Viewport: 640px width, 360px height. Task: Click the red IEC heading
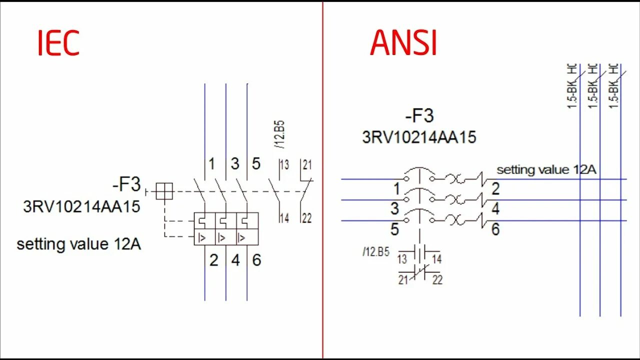tap(58, 43)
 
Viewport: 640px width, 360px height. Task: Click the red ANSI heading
tap(403, 43)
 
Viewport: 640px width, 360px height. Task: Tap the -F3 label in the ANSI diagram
tap(419, 116)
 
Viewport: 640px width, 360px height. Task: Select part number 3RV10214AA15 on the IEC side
tap(81, 206)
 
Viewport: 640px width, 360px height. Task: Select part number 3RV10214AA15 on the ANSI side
tap(419, 137)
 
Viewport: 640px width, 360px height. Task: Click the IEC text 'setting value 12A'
tap(78, 244)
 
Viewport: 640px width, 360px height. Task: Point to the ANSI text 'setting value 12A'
tap(546, 169)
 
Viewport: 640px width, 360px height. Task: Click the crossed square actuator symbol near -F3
tap(164, 191)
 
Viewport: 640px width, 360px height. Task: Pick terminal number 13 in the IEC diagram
tap(284, 165)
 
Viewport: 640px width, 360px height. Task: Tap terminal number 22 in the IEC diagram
tap(306, 218)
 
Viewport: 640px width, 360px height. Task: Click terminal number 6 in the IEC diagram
tap(256, 260)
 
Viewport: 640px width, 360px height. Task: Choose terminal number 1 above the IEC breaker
tap(211, 163)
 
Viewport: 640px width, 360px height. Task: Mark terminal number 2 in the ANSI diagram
tap(495, 189)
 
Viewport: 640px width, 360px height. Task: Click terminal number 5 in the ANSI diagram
tap(394, 229)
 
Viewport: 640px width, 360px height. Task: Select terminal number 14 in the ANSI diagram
tap(437, 259)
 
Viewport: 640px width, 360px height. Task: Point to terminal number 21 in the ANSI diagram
tap(403, 280)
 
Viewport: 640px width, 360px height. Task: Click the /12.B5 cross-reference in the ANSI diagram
tap(376, 251)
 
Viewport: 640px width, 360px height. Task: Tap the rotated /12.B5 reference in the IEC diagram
tap(279, 134)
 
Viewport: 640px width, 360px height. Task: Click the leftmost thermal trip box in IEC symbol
tap(204, 220)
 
